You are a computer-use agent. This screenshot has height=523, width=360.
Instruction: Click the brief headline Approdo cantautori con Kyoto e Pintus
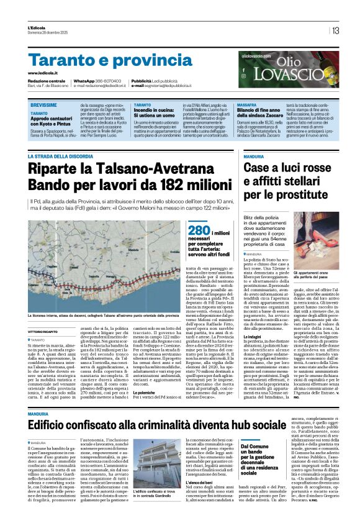(56, 122)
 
